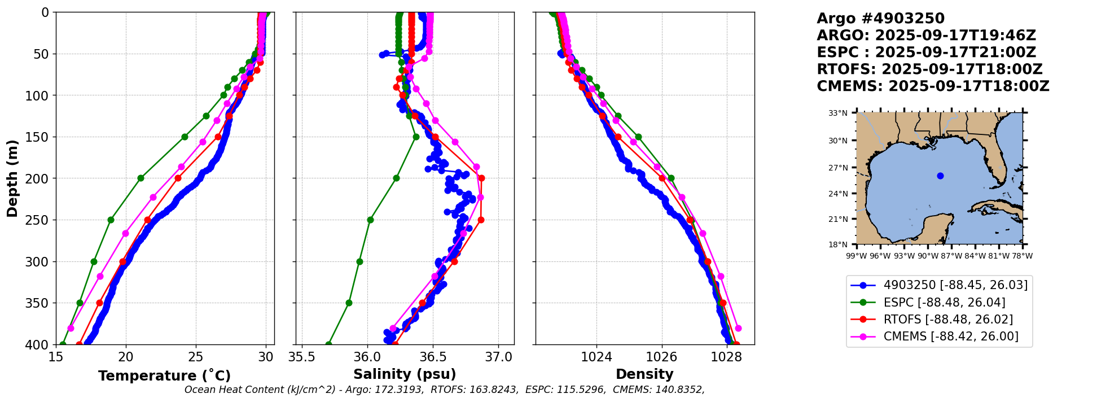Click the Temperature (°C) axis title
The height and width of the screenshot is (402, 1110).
(164, 376)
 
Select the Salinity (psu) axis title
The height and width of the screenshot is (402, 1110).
(405, 374)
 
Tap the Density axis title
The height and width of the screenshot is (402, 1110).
(644, 374)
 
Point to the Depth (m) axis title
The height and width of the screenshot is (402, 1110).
(12, 178)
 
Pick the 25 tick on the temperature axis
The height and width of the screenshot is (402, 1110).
(196, 357)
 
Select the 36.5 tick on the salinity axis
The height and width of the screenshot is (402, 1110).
(433, 357)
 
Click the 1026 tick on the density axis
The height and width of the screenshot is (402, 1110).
(661, 357)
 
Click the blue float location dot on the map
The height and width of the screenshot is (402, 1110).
(940, 176)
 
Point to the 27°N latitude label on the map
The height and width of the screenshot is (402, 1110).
(838, 168)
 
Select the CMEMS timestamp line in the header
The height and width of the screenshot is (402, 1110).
(933, 86)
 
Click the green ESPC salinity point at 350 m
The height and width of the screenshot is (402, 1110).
(349, 303)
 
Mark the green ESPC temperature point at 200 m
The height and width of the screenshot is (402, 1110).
(141, 178)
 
